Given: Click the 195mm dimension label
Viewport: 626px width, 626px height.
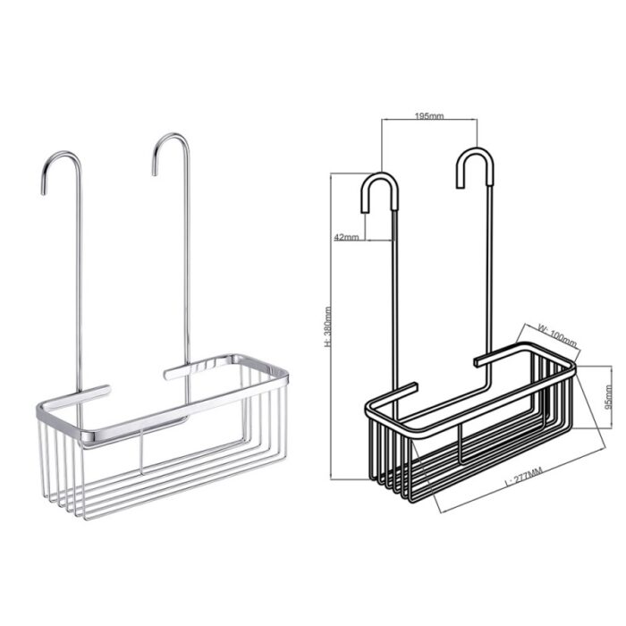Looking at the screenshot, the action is (429, 115).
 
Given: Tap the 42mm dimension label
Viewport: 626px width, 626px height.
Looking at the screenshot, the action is (346, 237).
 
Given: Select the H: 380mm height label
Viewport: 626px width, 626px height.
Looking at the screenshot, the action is (328, 326).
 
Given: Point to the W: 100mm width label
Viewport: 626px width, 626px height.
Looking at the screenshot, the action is (557, 335).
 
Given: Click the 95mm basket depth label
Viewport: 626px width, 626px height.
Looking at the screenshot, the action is (608, 397).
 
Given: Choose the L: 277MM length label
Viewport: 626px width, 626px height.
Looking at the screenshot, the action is (523, 477).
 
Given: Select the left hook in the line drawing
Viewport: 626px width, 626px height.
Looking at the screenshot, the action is (380, 192).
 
